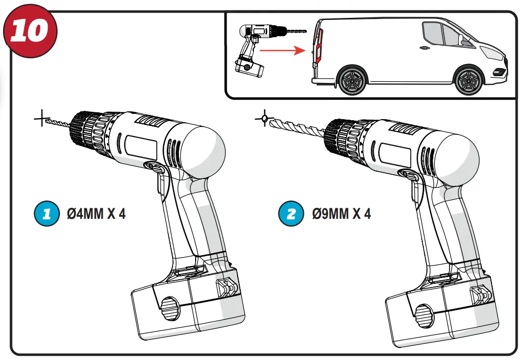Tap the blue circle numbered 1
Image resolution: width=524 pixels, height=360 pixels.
46,214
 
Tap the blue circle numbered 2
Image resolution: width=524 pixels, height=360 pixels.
291,214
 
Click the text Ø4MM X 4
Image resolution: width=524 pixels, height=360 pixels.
96,214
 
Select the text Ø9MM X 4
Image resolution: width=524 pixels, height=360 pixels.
341,214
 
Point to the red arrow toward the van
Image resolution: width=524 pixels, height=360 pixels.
283,51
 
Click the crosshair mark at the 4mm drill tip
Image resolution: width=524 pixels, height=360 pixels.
41,119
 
